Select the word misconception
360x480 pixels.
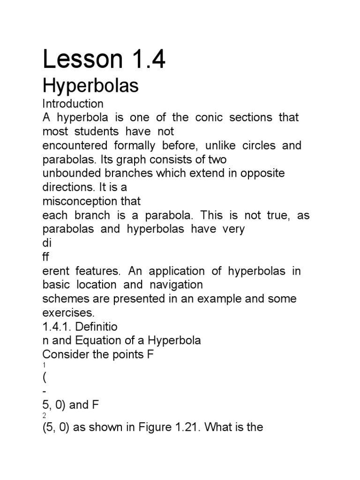(x=91, y=202)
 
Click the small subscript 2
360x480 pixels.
(x=44, y=415)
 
